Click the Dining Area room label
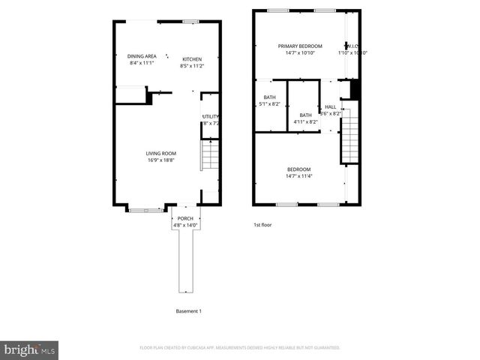coord(142,56)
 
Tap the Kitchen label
coord(192,58)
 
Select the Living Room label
coord(160,153)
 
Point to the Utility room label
coord(210,116)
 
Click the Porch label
coord(184,218)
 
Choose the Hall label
coord(330,107)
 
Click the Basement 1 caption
coord(188,311)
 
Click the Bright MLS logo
coord(30,349)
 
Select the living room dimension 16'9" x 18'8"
coord(160,160)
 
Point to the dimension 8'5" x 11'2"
coord(192,66)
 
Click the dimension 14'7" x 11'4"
coord(298,176)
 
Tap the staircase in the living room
coord(210,157)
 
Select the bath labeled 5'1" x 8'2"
coord(269,100)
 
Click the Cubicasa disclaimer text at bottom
coord(240,348)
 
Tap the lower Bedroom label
coord(298,169)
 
